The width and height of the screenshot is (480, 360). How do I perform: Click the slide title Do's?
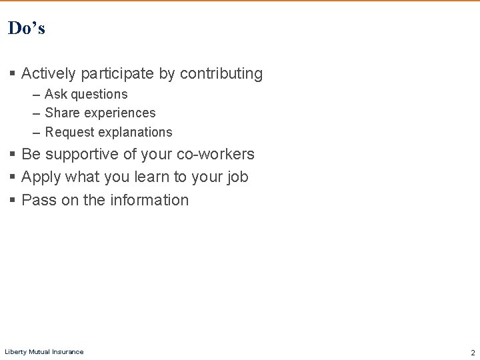[x=27, y=28]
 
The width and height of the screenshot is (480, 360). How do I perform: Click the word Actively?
[x=49, y=74]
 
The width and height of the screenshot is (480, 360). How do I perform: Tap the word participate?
[x=115, y=74]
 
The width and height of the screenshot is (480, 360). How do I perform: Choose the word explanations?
[x=134, y=132]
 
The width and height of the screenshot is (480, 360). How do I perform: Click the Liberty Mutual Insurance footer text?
[x=44, y=352]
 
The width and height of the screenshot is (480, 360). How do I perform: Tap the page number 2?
[x=473, y=352]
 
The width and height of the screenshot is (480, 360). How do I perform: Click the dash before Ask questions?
[x=34, y=95]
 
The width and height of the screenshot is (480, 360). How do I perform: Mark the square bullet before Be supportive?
[x=13, y=155]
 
